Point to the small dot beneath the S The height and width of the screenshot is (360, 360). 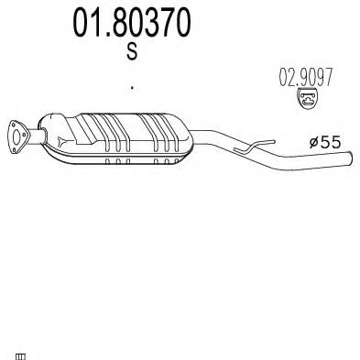pos(132,88)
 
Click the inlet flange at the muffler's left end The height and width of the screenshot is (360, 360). pos(16,132)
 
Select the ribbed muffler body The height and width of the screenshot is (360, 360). pos(128,136)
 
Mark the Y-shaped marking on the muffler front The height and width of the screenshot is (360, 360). pos(60,141)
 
